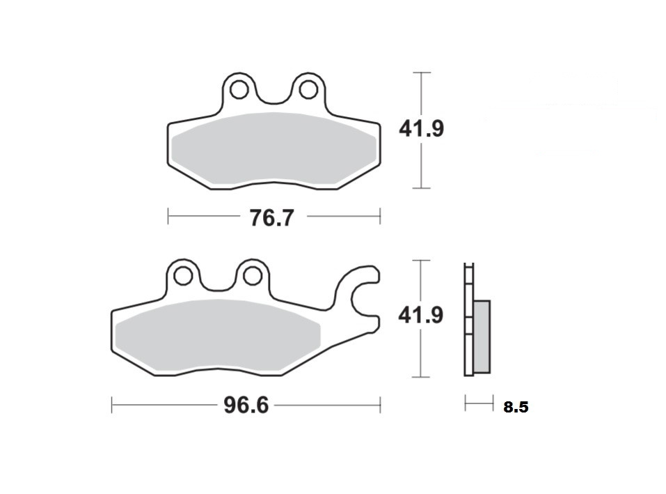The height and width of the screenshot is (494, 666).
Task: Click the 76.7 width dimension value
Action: click(x=271, y=218)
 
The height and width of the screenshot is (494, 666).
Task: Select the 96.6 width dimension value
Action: click(x=246, y=405)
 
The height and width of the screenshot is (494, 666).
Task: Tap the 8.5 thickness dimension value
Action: click(x=516, y=407)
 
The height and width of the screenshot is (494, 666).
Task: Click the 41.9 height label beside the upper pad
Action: click(x=421, y=128)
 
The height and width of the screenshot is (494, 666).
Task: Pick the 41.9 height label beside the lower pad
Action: click(x=420, y=316)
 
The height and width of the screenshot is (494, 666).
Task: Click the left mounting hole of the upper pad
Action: click(x=239, y=90)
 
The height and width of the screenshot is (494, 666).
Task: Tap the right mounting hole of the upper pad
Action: click(x=308, y=90)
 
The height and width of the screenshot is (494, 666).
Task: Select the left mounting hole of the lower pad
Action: click(x=183, y=275)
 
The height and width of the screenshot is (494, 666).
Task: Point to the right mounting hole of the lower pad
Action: click(x=253, y=275)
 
